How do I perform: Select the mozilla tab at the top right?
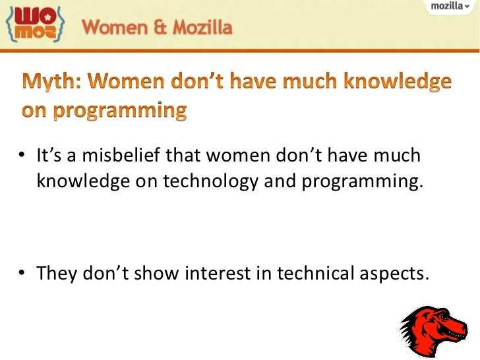(450, 6)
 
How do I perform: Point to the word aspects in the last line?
(393, 274)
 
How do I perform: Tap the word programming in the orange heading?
(122, 109)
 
